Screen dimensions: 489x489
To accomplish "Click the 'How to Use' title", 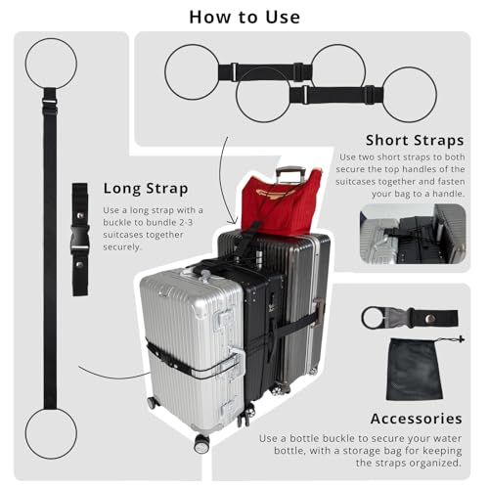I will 244,16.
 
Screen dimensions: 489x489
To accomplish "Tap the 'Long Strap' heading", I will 147,187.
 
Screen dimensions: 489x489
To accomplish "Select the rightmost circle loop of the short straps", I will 409,95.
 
